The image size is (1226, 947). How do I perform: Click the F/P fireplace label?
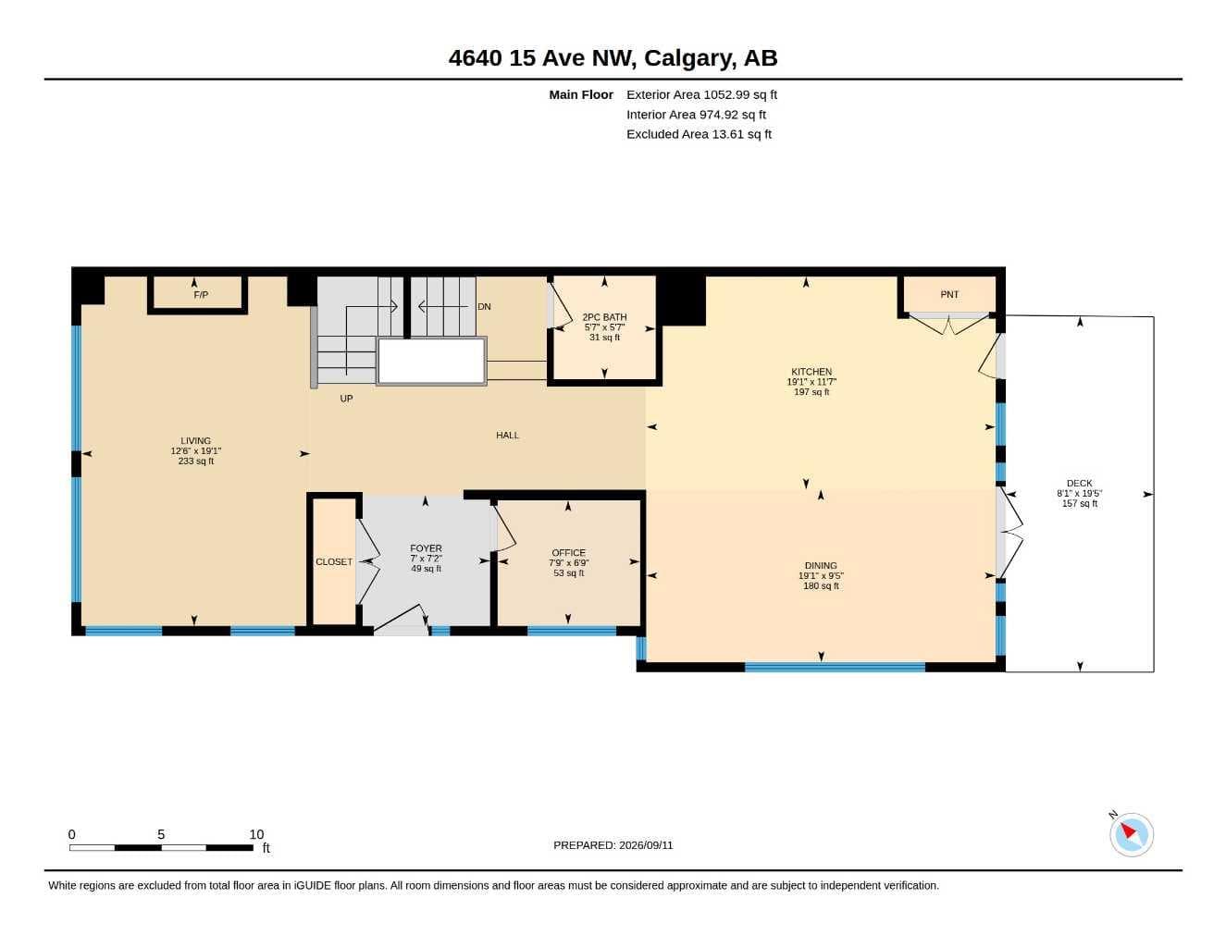201,295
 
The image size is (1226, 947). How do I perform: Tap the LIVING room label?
196,441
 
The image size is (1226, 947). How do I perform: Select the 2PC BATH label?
604,317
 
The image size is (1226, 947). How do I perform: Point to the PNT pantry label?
949,294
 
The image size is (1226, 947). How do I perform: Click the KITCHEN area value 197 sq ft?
811,392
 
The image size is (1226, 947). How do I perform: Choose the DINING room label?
821,565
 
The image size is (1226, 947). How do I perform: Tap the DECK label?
1079,483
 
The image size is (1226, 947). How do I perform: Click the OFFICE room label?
569,553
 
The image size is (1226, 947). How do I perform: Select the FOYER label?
426,548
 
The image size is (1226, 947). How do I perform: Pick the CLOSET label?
334,562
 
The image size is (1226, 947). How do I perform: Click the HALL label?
507,436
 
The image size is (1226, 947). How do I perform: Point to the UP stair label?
346,399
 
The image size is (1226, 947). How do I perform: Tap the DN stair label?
484,307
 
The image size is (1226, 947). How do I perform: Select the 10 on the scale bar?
256,834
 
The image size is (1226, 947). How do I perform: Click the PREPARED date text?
613,845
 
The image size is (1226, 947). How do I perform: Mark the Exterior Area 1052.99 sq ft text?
702,94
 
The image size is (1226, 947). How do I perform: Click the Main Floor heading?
581,94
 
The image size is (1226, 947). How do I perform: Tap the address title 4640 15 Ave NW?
543,58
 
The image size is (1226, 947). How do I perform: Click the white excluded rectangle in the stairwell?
431,361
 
